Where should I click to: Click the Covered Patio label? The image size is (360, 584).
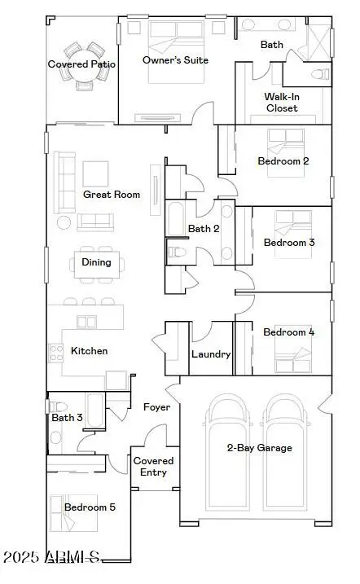click(x=81, y=64)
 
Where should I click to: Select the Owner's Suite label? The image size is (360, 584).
click(x=175, y=60)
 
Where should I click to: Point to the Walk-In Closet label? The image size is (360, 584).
click(x=281, y=102)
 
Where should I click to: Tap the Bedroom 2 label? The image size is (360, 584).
click(x=283, y=161)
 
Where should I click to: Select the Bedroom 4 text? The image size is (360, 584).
click(x=288, y=332)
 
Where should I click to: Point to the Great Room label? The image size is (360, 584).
click(x=112, y=195)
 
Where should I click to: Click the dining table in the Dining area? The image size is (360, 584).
click(x=97, y=262)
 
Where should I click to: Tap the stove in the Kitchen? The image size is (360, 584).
click(x=56, y=353)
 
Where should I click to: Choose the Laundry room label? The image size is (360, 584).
click(x=211, y=354)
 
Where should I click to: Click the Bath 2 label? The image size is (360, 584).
click(x=204, y=229)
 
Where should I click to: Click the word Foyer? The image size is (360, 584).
click(x=156, y=406)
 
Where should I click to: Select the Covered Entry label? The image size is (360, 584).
click(x=153, y=467)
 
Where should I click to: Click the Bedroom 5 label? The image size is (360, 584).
click(x=90, y=507)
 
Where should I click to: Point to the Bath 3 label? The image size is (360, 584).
click(x=67, y=418)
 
